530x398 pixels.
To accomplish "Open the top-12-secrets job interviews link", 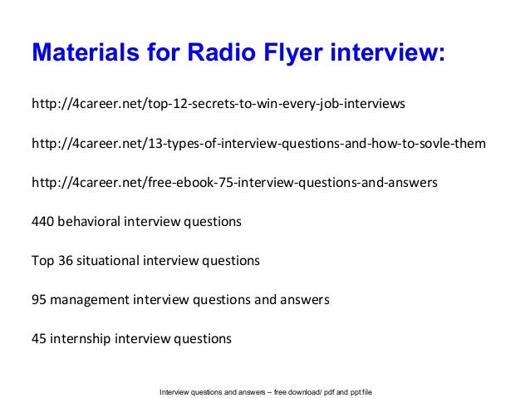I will tap(218, 106).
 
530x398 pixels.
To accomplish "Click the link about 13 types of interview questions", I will tap(258, 145).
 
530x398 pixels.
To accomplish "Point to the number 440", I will tap(42, 222).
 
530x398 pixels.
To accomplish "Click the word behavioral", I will tap(90, 222).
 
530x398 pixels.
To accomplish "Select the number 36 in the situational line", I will tap(65, 261).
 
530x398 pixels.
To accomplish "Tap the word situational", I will tap(109, 261).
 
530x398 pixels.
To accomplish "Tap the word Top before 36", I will tap(42, 261).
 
